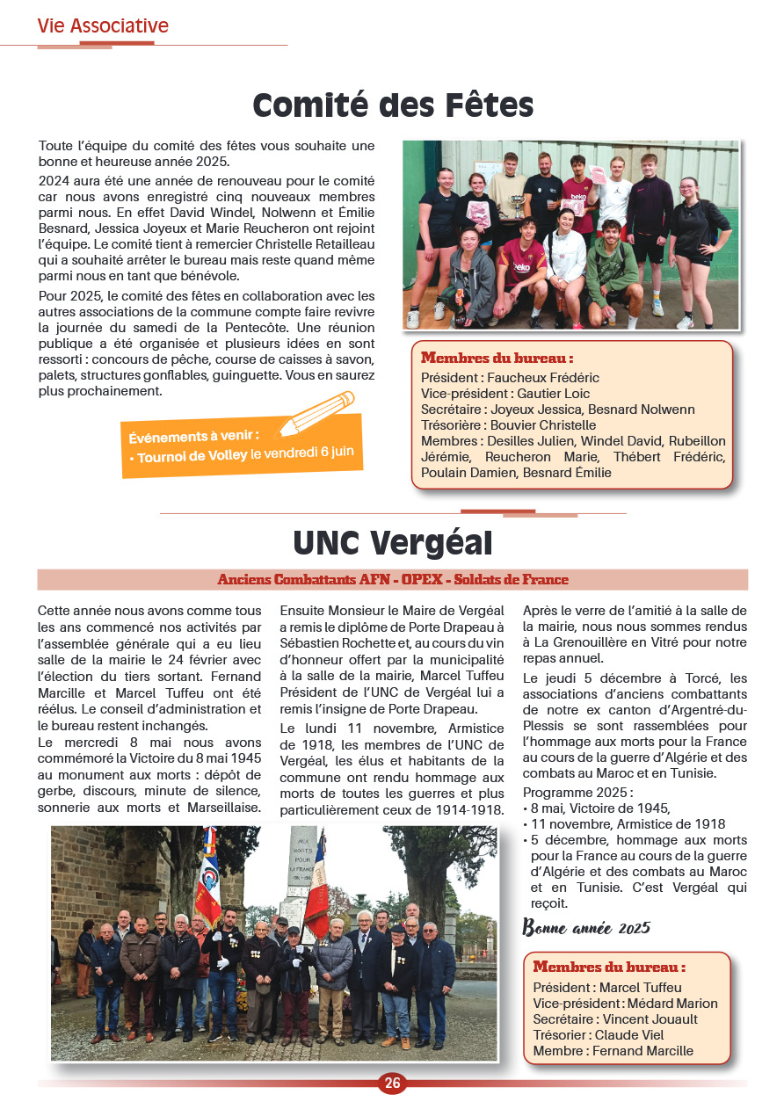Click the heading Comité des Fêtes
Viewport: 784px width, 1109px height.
pos(393,106)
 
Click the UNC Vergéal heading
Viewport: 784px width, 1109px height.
pos(392,543)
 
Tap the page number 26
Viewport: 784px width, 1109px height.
pos(392,1084)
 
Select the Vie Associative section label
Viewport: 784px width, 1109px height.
pos(103,26)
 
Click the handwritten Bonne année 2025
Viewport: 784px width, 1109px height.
pos(586,928)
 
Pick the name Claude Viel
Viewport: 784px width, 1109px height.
pos(629,1035)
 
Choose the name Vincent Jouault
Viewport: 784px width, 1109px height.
pos(650,1019)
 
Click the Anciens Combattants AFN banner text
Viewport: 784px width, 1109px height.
pos(393,580)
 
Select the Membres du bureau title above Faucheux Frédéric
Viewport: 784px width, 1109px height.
pos(497,359)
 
